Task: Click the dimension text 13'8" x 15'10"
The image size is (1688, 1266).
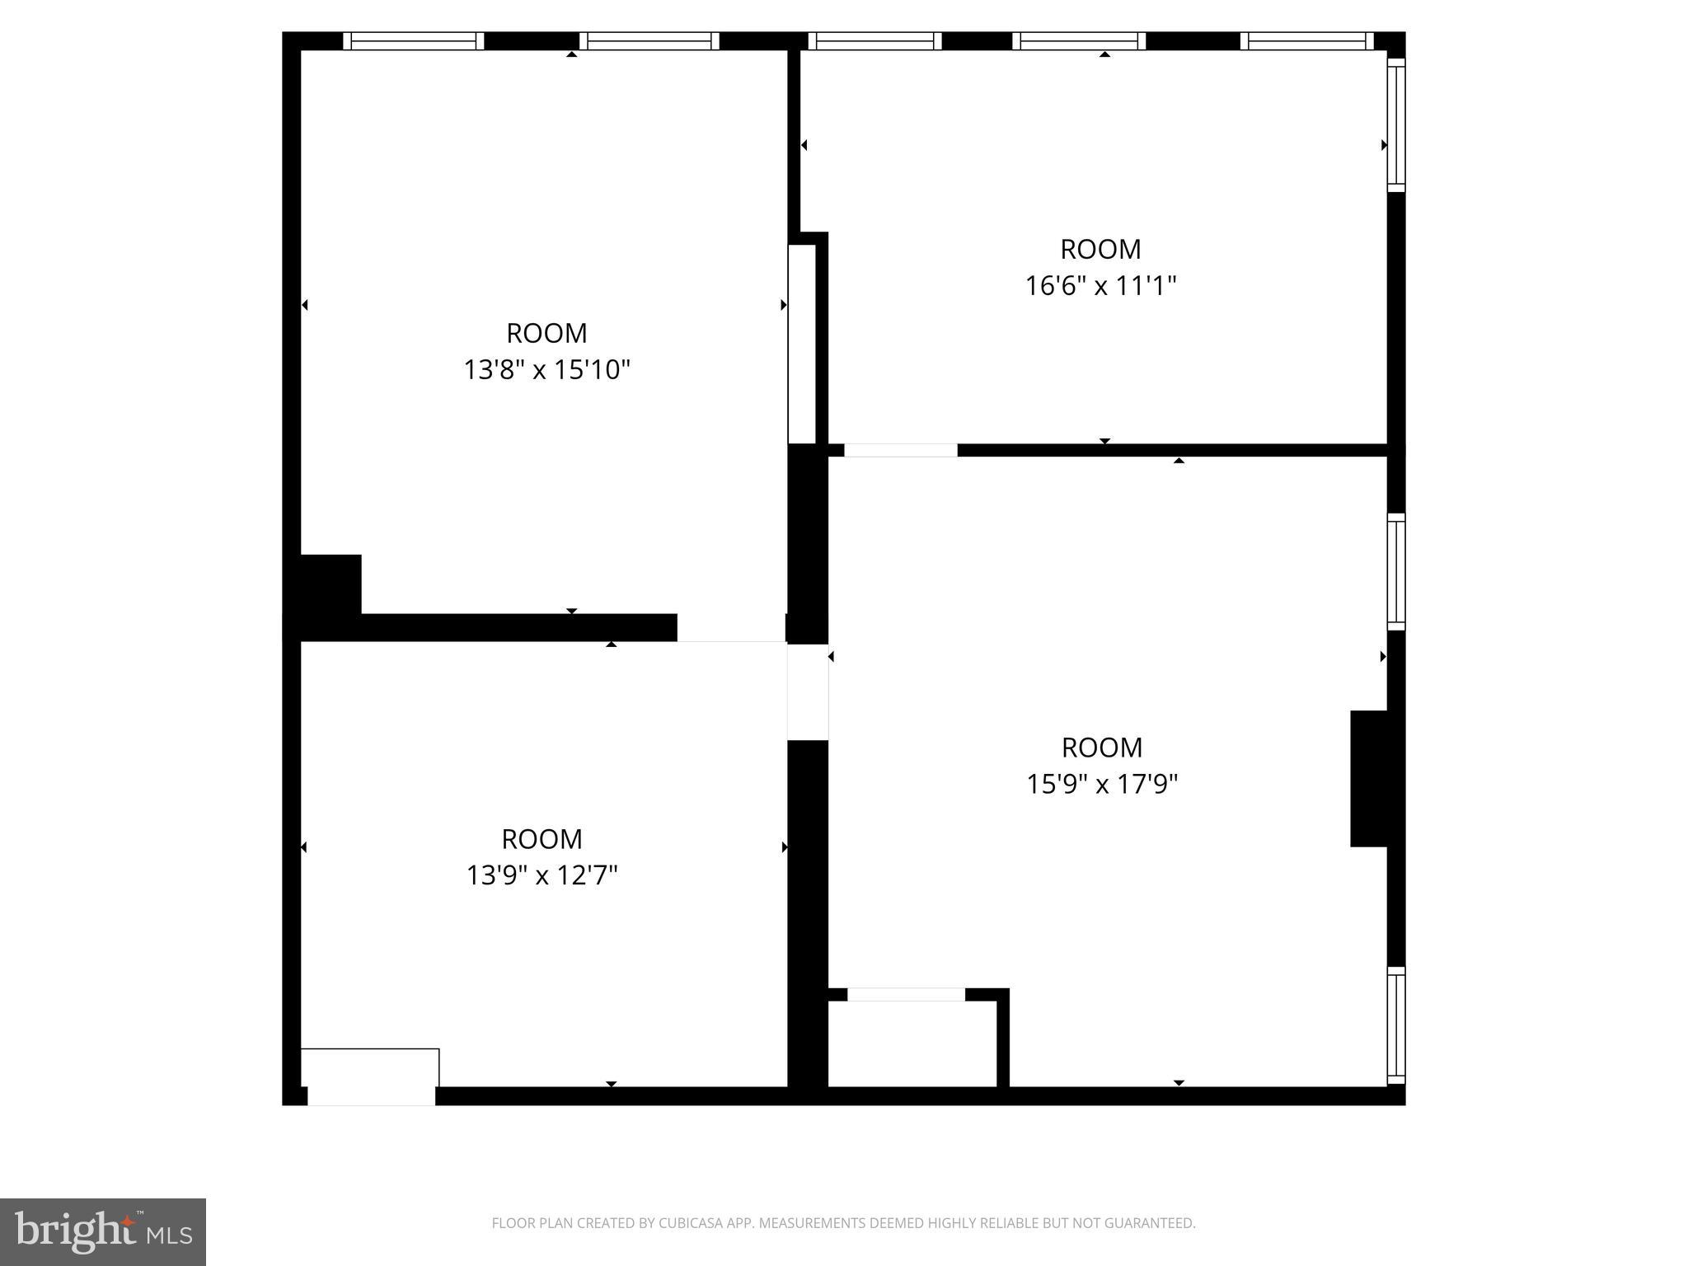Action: [546, 370]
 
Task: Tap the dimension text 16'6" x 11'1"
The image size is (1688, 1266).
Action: [1100, 286]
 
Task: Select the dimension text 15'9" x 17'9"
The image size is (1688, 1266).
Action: [1102, 784]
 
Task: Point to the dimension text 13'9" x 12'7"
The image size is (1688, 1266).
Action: [542, 875]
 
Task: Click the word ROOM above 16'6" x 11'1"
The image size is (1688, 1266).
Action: [1100, 249]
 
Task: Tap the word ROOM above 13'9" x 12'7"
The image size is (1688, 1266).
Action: [542, 839]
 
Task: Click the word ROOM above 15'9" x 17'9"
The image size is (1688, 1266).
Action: [1102, 748]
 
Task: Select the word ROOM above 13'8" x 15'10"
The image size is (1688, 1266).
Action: [546, 333]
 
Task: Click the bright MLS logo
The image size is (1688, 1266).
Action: [103, 1232]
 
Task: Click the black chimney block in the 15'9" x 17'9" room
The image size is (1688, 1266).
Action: [1368, 778]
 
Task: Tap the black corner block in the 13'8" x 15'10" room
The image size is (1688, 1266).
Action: [331, 584]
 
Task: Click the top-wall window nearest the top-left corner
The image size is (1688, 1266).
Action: [413, 41]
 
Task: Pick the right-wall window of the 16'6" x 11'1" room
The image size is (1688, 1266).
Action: [1395, 124]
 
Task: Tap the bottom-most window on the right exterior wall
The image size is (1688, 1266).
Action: [1395, 1025]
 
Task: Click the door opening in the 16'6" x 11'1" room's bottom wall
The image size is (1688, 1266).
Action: [900, 450]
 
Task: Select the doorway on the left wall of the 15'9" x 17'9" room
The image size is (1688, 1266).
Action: [808, 692]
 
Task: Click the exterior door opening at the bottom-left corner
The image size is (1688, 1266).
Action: [371, 1095]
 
